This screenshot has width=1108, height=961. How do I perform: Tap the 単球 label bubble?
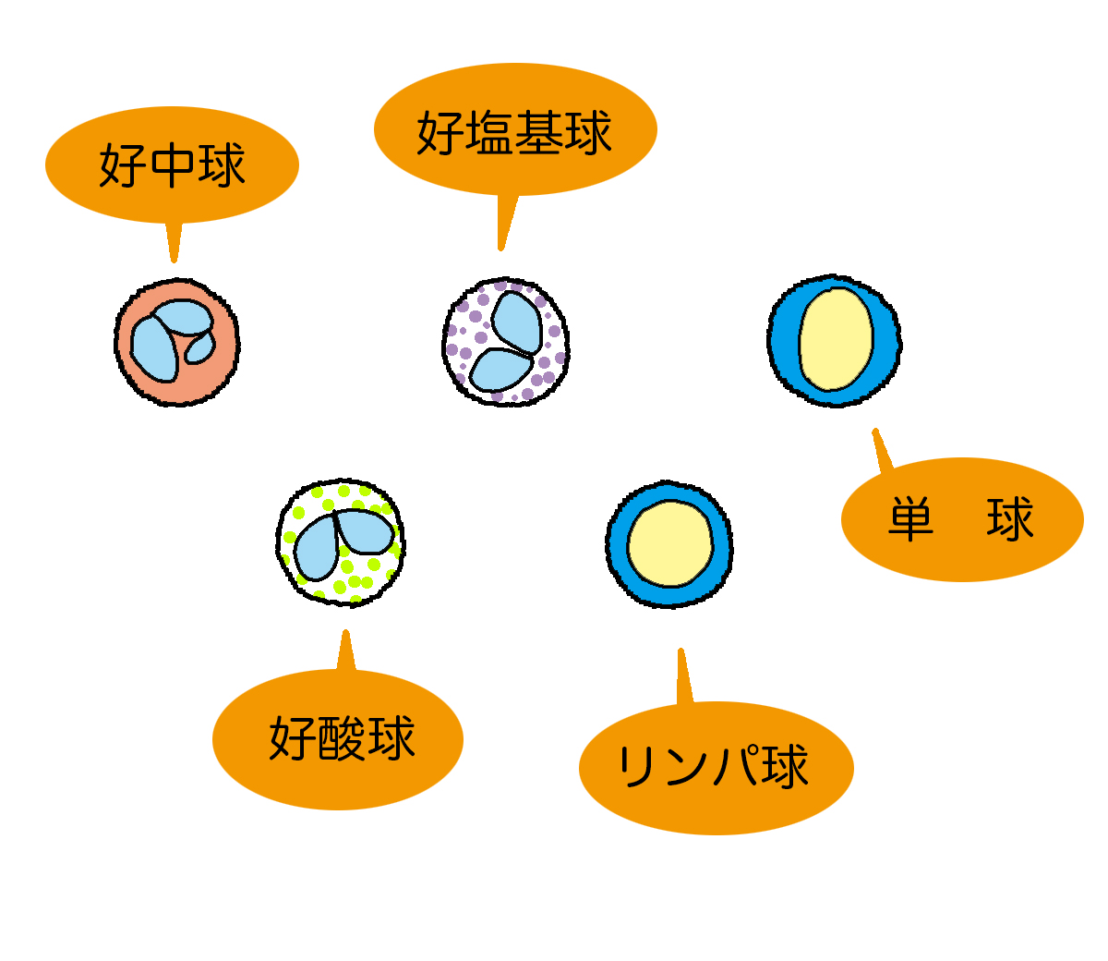pos(961,519)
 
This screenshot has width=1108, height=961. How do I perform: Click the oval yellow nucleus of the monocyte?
pos(836,339)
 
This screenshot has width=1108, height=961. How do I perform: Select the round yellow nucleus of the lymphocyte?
pos(671,543)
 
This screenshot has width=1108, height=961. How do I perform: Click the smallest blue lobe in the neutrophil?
pos(199,347)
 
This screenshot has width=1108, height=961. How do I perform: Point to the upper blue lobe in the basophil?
pos(517,322)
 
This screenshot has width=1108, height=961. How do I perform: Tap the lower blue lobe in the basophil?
pos(500,370)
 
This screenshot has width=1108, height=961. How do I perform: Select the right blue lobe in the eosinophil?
pos(367,530)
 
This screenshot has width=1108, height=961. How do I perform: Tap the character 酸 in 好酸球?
pos(341,738)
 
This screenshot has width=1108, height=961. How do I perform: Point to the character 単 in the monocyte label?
pos(911,519)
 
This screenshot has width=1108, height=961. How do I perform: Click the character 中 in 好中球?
pos(172,166)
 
